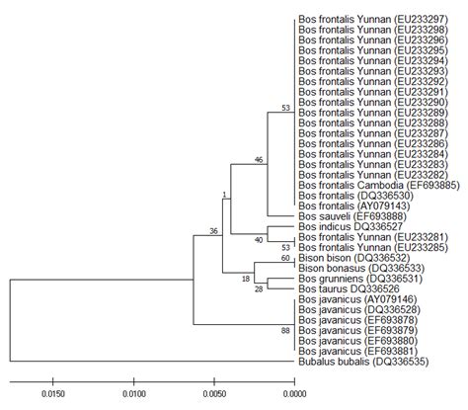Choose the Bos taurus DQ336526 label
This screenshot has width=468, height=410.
click(x=339, y=289)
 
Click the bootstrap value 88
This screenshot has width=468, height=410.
click(x=286, y=331)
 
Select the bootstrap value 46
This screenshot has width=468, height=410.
click(x=259, y=159)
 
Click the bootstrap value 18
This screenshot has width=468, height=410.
click(x=247, y=281)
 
